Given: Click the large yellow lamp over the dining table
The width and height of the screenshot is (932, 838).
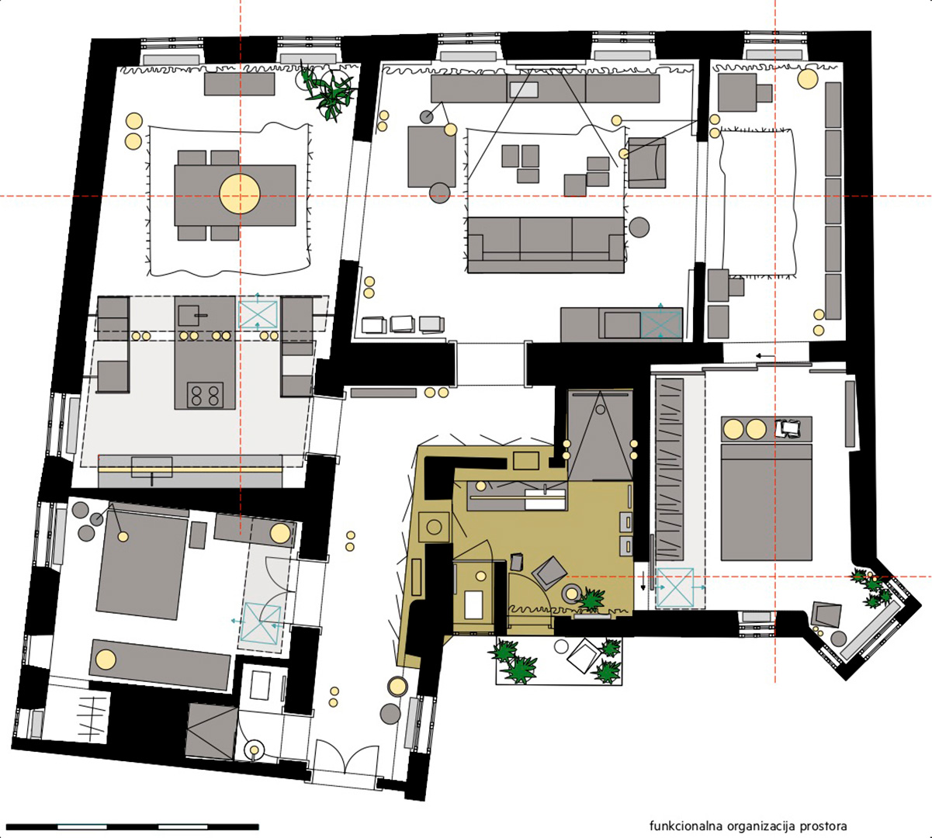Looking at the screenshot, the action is pyautogui.click(x=240, y=194).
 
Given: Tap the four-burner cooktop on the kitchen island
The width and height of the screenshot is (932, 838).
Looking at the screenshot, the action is pyautogui.click(x=205, y=395).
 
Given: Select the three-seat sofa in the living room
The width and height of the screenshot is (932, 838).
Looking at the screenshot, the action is pyautogui.click(x=546, y=244).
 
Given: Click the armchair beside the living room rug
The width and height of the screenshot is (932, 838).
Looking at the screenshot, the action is pyautogui.click(x=646, y=163).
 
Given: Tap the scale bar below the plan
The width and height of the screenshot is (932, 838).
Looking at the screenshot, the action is pyautogui.click(x=133, y=827).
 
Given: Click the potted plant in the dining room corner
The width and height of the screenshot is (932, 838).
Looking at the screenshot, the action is pyautogui.click(x=328, y=92).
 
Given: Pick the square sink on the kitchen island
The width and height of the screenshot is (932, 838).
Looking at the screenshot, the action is pyautogui.click(x=190, y=315).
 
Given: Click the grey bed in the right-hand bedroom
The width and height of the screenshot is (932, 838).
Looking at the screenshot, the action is pyautogui.click(x=766, y=502).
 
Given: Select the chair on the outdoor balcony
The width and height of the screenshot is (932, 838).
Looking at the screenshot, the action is pyautogui.click(x=584, y=656).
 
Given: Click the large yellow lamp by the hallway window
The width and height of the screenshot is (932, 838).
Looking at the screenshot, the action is pyautogui.click(x=397, y=686).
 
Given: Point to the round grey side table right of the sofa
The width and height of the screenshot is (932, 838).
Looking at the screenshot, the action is pyautogui.click(x=639, y=227).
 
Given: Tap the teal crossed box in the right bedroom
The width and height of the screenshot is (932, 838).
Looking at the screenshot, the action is pyautogui.click(x=675, y=588).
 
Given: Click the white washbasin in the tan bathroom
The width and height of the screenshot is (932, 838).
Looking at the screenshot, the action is pyautogui.click(x=545, y=500).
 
